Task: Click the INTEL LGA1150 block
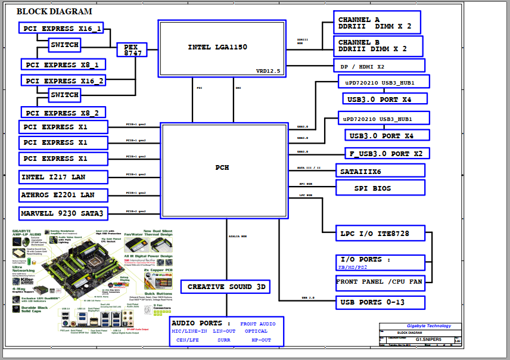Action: (x=218, y=47)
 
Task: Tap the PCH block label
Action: (x=222, y=167)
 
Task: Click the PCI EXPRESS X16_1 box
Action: (x=63, y=28)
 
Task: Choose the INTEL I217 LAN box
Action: (x=63, y=177)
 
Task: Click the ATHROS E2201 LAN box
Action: (x=63, y=195)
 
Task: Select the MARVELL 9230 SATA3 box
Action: (x=63, y=213)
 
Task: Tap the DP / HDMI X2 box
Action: (x=379, y=65)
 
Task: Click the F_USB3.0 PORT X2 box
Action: (x=387, y=153)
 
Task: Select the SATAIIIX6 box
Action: (x=380, y=170)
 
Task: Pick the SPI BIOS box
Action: (x=380, y=187)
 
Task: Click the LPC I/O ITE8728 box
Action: (x=381, y=233)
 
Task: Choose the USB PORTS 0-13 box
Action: (x=380, y=302)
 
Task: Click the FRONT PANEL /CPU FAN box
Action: (x=380, y=282)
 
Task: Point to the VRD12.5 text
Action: (x=268, y=71)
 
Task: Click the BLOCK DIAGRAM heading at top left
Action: (x=54, y=11)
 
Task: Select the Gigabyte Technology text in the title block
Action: (x=429, y=326)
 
